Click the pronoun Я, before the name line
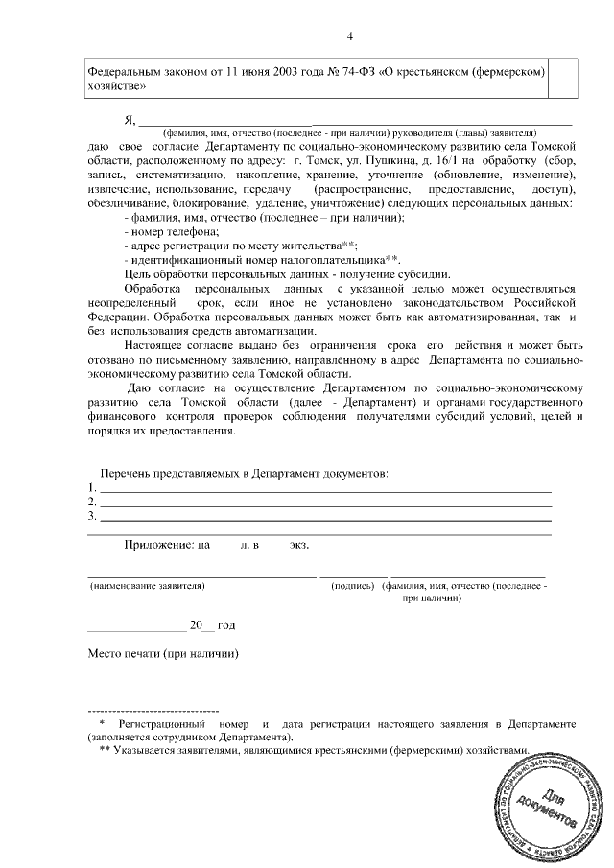(130, 120)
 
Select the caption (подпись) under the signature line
(353, 585)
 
